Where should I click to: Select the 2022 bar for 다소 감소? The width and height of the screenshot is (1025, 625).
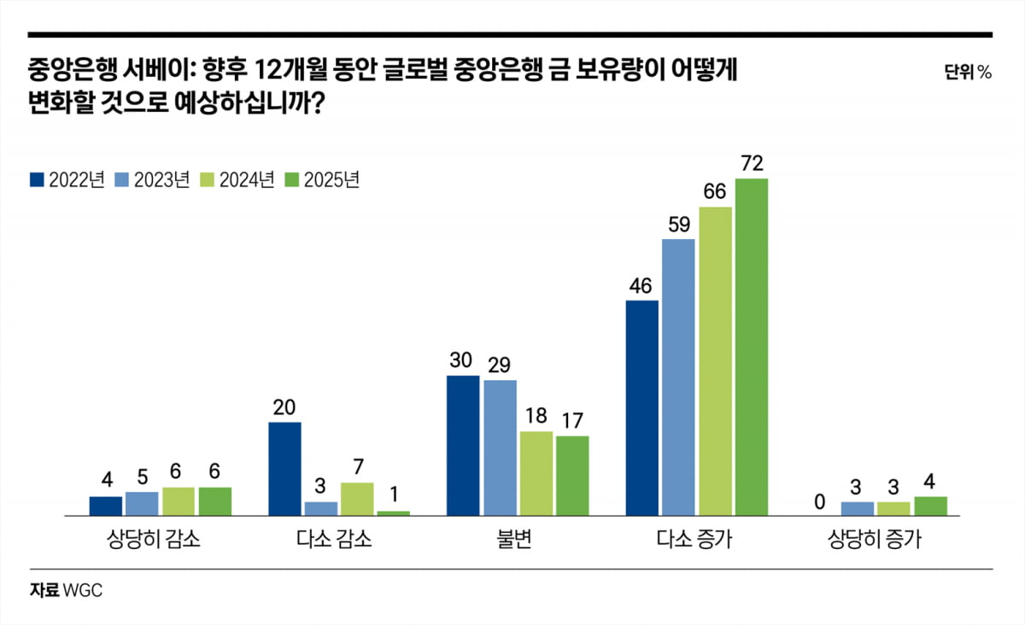284,469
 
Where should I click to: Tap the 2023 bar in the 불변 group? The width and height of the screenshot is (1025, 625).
500,447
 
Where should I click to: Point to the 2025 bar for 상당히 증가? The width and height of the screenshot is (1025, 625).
931,506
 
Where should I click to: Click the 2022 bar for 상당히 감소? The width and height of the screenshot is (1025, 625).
106,506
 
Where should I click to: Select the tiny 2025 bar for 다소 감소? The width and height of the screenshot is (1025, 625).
394,513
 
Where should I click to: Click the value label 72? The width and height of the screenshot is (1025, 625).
752,163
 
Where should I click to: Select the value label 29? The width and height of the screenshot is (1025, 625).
500,365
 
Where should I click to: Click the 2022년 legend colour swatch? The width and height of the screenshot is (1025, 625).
37,180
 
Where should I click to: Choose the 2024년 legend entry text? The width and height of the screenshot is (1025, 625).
247,180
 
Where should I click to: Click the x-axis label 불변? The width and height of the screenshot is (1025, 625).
518,540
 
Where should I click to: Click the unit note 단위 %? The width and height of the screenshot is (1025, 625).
968,73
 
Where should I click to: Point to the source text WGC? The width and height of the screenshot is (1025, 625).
88,590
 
